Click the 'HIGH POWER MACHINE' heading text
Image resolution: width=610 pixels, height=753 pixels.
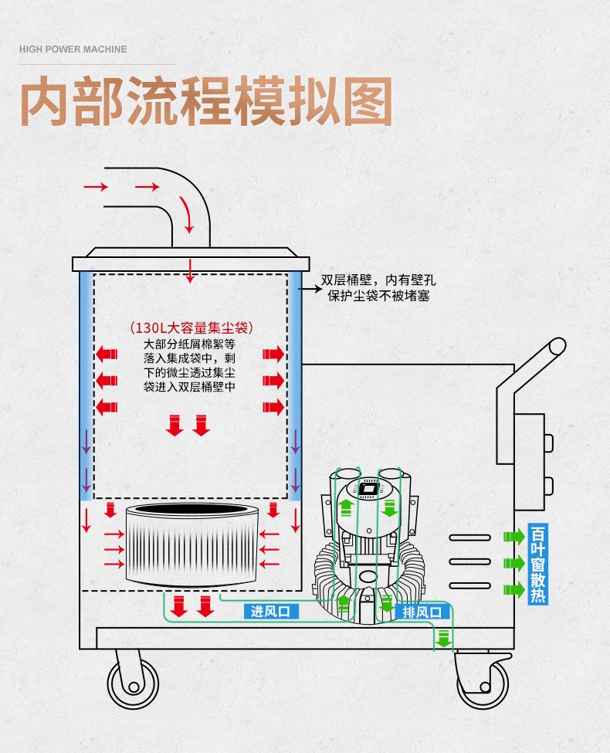coord(73,49)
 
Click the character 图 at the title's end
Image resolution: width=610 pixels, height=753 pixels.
coord(364,102)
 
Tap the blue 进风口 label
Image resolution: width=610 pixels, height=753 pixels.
coord(269,612)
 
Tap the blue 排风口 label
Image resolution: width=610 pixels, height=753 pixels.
coord(422,612)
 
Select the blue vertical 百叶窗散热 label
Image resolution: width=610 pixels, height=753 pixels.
coord(538,565)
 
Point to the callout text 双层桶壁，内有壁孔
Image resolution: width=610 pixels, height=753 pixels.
coord(375,281)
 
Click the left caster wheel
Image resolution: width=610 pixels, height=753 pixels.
coord(132,683)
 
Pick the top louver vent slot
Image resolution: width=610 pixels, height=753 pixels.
coord(469,537)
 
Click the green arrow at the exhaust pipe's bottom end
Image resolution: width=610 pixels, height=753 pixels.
coord(443,639)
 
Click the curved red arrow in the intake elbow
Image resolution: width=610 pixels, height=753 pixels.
coord(186,214)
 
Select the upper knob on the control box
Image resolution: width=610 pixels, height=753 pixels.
coord(548,442)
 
